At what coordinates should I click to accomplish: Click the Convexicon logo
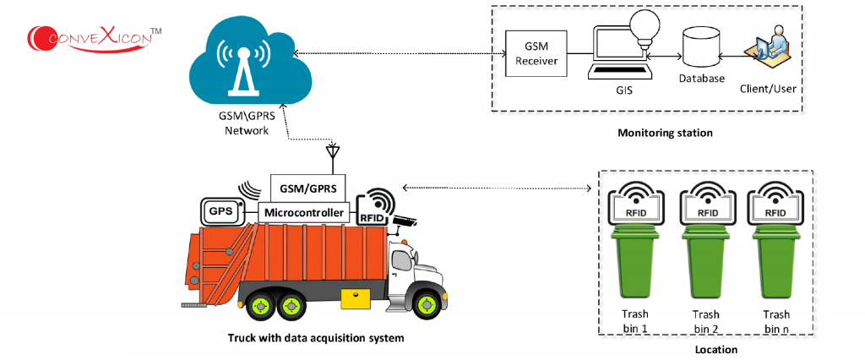(x=93, y=36)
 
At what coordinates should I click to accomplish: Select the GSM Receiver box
(x=536, y=54)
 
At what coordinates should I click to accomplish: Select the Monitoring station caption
(x=665, y=134)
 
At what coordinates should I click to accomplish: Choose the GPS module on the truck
(x=221, y=211)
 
